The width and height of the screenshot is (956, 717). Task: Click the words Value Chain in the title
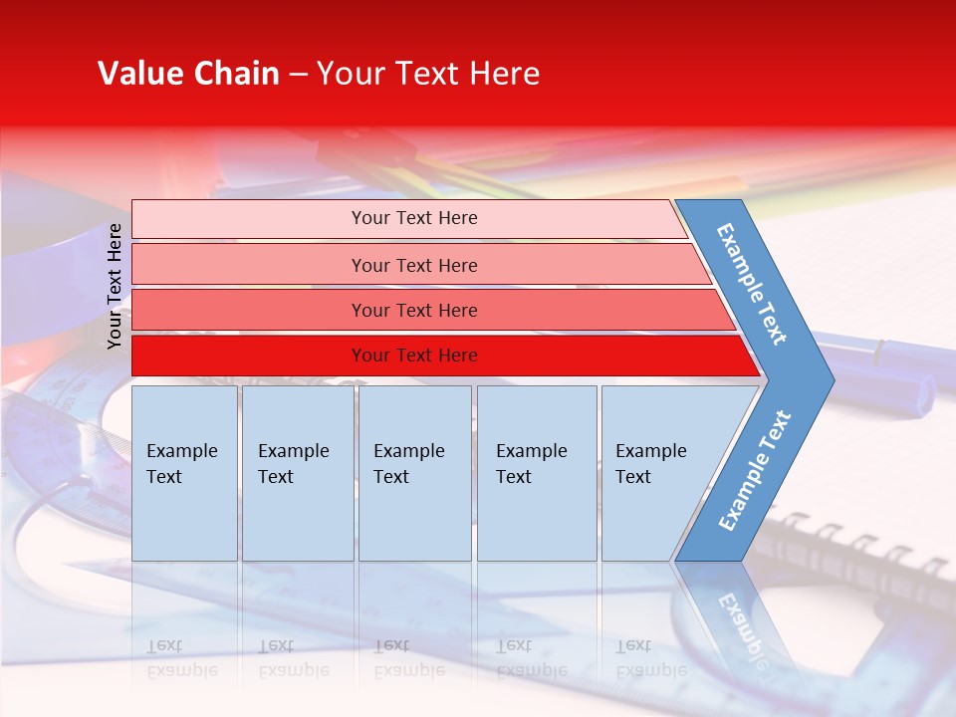pos(188,74)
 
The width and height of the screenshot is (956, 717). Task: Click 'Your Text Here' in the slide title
pos(428,74)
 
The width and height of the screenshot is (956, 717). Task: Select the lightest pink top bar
pos(249,219)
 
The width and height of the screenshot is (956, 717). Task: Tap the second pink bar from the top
pos(249,265)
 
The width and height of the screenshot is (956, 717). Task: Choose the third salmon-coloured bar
pos(249,310)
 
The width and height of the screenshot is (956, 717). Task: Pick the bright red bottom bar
pos(249,356)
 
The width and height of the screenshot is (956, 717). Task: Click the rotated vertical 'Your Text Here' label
pos(116,286)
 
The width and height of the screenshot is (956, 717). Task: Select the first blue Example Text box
pos(184,473)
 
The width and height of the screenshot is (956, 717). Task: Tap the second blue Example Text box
pos(297,473)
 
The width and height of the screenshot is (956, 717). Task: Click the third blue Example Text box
pos(414,473)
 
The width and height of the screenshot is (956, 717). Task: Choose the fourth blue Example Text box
pos(537,473)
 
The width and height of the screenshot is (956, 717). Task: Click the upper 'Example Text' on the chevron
pos(753,284)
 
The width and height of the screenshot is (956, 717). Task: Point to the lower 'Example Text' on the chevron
pos(755,470)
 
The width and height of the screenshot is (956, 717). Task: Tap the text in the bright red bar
pos(414,356)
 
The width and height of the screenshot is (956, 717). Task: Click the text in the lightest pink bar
pos(414,218)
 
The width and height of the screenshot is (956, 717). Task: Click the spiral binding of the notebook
pos(866,543)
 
